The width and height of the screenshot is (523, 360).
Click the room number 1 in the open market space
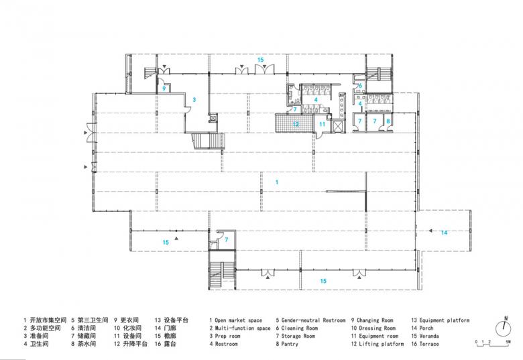tap(276, 182)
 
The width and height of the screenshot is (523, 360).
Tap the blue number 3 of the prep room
tap(194, 100)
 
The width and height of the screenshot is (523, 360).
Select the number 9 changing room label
tap(164, 88)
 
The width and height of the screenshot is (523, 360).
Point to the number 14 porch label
tap(444, 233)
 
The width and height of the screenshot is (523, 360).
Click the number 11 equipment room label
tap(323, 124)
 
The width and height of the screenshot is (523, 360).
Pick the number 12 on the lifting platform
tap(296, 124)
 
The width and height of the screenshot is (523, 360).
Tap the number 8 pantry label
tap(388, 121)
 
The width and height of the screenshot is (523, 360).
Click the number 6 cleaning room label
tap(360, 86)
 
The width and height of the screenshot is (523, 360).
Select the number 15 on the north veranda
tap(261, 60)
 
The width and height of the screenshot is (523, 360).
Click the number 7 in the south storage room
tap(227, 240)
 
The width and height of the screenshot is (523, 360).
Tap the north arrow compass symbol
tap(504, 328)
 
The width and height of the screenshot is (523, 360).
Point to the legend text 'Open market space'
tap(239, 320)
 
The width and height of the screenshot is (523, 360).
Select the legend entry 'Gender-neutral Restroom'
tap(314, 320)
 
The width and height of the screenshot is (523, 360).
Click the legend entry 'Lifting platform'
tap(382, 344)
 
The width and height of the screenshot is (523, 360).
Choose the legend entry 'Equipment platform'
tap(445, 320)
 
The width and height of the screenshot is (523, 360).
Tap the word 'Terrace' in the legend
tap(429, 344)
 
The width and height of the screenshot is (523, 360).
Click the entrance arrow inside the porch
tap(430, 231)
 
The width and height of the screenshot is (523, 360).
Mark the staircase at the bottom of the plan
tap(222, 270)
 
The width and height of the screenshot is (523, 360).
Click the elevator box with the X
tap(338, 126)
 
